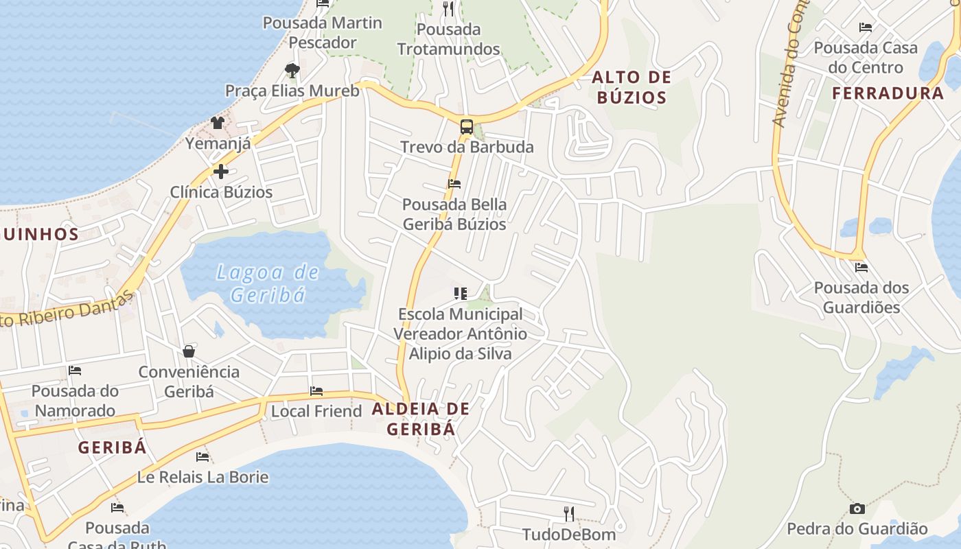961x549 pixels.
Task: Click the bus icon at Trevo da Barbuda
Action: click(467, 127)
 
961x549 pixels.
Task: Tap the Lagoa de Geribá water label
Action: click(268, 283)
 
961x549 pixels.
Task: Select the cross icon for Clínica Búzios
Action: click(221, 172)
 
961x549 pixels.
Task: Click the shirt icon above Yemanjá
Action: click(218, 123)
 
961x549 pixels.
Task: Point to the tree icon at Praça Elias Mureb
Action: click(292, 70)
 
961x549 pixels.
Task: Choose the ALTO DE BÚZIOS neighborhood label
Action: click(632, 87)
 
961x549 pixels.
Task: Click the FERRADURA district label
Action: click(888, 93)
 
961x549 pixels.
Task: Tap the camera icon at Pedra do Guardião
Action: click(857, 509)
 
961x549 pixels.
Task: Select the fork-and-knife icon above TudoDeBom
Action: click(568, 513)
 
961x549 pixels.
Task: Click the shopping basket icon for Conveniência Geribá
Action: click(189, 352)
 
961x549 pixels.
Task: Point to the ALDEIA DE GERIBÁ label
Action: click(421, 419)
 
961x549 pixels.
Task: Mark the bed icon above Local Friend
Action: click(316, 391)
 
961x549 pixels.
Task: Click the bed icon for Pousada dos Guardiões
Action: click(861, 267)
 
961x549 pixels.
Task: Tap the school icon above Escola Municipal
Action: click(461, 294)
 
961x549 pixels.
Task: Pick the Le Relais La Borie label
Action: click(202, 476)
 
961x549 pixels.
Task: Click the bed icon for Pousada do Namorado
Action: click(75, 371)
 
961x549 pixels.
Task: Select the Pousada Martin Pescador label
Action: click(323, 32)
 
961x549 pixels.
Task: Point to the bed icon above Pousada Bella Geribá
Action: click(454, 184)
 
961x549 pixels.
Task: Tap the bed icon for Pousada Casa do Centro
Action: click(866, 27)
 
